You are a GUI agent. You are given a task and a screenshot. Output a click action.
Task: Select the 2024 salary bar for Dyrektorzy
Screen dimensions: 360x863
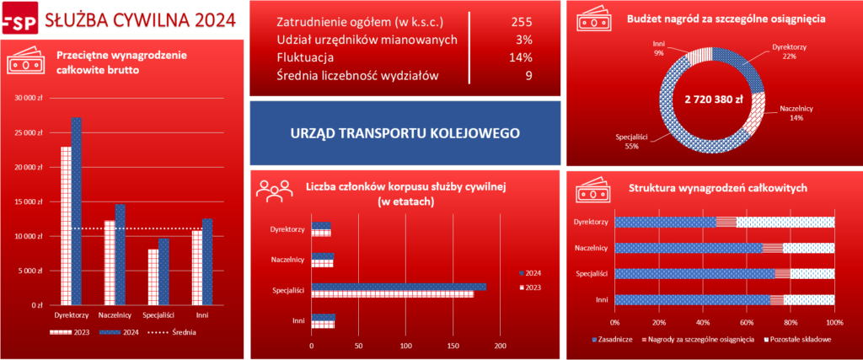click(x=77, y=211)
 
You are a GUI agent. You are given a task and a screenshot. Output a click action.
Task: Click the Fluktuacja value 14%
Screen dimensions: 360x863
click(x=521, y=58)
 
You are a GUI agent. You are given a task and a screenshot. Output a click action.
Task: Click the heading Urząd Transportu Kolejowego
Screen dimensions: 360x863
click(x=405, y=132)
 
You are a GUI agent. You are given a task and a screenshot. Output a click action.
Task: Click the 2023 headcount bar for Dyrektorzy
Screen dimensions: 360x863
click(x=321, y=233)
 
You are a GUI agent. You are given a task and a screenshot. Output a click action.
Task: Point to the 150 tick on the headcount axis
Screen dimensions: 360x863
click(x=453, y=346)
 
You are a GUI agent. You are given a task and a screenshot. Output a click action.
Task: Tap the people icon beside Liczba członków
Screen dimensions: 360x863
click(x=275, y=192)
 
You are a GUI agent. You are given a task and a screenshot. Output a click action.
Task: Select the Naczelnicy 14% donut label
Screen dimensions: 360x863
click(x=796, y=113)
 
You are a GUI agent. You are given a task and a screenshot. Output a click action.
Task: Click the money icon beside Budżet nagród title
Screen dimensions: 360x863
click(x=592, y=19)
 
